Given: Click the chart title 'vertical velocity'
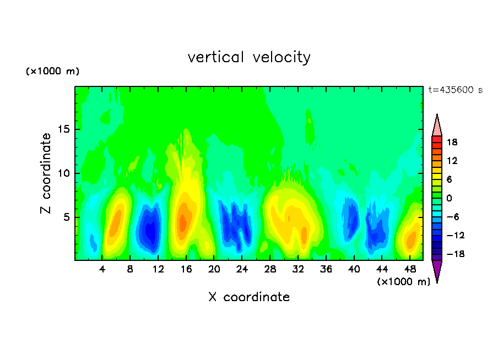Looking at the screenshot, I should click(x=249, y=57).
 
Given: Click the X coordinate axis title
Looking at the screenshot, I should click(x=249, y=297).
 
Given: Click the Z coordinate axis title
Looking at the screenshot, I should click(x=46, y=173).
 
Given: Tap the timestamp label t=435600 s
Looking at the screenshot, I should click(x=455, y=90).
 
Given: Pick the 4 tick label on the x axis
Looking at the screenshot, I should click(x=102, y=270).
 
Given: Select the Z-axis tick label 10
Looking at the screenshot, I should click(x=61, y=173).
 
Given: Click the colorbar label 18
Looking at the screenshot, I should click(x=452, y=142).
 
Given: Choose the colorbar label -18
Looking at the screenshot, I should click(x=451, y=254).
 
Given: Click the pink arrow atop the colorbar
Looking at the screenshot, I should click(x=437, y=126).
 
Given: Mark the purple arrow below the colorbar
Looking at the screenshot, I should click(x=437, y=270).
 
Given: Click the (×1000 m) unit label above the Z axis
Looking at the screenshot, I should click(x=52, y=72).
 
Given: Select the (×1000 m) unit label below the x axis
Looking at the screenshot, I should click(x=403, y=282).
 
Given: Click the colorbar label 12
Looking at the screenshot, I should click(x=452, y=161).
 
